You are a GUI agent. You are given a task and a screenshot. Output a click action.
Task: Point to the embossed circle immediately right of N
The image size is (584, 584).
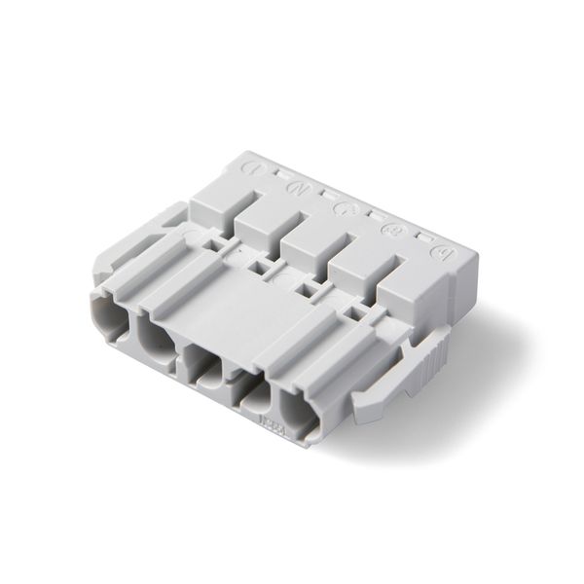pyautogui.click(x=343, y=207)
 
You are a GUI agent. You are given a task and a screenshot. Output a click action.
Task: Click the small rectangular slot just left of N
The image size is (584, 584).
pyautogui.click(x=278, y=175)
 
